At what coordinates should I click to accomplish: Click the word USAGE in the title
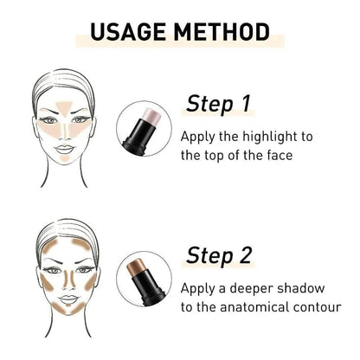[128, 32]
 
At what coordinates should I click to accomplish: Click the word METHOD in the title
[222, 32]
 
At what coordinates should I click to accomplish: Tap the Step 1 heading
[218, 104]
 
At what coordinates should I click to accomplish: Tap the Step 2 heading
[219, 255]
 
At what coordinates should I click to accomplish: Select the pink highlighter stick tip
[152, 116]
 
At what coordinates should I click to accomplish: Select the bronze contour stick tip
[136, 266]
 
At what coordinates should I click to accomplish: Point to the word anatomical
[254, 306]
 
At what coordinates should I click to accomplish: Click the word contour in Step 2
[317, 307]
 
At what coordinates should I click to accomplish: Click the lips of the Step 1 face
[64, 150]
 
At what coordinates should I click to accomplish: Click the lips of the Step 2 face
[68, 299]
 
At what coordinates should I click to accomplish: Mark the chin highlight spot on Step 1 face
[65, 158]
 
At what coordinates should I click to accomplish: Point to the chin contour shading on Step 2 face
[68, 309]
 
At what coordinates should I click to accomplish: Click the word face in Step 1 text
[280, 155]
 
